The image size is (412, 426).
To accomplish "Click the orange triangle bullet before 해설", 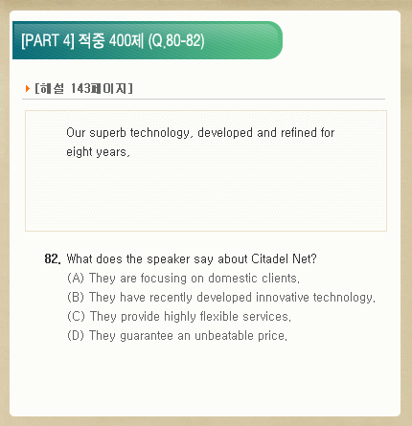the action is point(28,88).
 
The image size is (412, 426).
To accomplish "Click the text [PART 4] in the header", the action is point(48,40).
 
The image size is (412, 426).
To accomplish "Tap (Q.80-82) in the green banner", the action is point(176,41).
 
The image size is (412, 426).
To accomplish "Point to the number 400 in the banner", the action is point(120,40).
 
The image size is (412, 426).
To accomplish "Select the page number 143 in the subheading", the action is point(80,88).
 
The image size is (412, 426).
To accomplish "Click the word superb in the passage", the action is point(107,133).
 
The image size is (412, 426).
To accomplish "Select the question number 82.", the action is point(53,258).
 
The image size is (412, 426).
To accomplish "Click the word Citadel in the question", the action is point(270,258).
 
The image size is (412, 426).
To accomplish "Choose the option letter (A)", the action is point(76,278).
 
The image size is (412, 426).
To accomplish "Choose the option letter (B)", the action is point(76,297).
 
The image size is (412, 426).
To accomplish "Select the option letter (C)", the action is point(76,316).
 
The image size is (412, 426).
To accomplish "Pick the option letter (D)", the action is point(76,335).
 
